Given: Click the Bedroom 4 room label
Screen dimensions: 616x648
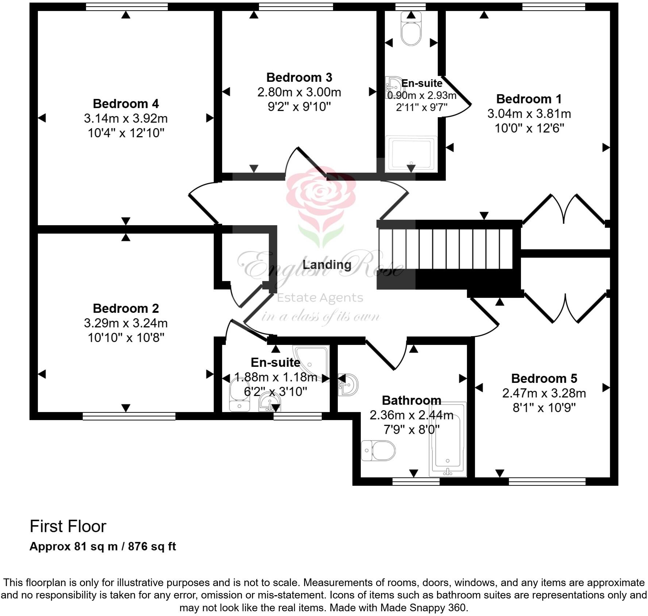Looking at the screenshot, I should (x=126, y=104).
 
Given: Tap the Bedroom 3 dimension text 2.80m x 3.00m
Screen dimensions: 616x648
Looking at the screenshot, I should (x=299, y=92).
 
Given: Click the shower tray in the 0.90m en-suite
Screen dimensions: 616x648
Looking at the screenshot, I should (x=411, y=153).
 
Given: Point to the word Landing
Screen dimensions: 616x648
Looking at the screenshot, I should (x=327, y=265).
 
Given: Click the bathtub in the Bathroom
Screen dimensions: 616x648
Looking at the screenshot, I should (x=448, y=440).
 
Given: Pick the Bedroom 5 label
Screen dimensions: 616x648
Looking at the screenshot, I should (x=544, y=378).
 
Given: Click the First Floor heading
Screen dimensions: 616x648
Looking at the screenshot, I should (x=68, y=526).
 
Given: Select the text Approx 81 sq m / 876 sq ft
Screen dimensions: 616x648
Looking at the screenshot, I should (x=103, y=546).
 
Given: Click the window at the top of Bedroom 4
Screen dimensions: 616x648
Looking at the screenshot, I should (x=127, y=7).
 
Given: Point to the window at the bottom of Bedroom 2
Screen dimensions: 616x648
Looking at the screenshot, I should (x=129, y=416).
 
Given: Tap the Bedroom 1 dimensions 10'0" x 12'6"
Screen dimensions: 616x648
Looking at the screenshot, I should (x=529, y=128).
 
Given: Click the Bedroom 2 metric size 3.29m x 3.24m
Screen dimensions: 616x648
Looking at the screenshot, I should (x=126, y=323).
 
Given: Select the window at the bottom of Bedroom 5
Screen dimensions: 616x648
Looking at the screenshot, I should (x=547, y=482).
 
